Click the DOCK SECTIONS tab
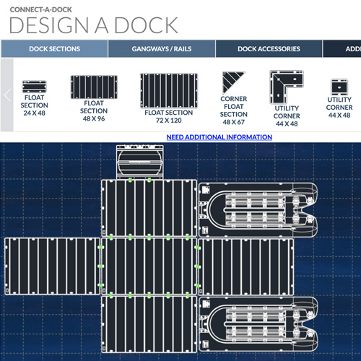point(54,49)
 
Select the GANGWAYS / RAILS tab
point(162,49)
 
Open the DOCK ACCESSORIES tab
point(269,49)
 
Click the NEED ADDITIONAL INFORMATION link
point(219,136)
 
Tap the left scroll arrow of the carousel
point(6,95)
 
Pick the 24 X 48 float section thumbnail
point(34,86)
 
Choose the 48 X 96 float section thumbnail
point(94,87)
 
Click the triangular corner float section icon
point(233,82)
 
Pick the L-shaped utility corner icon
point(287,85)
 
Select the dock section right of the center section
point(245,265)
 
